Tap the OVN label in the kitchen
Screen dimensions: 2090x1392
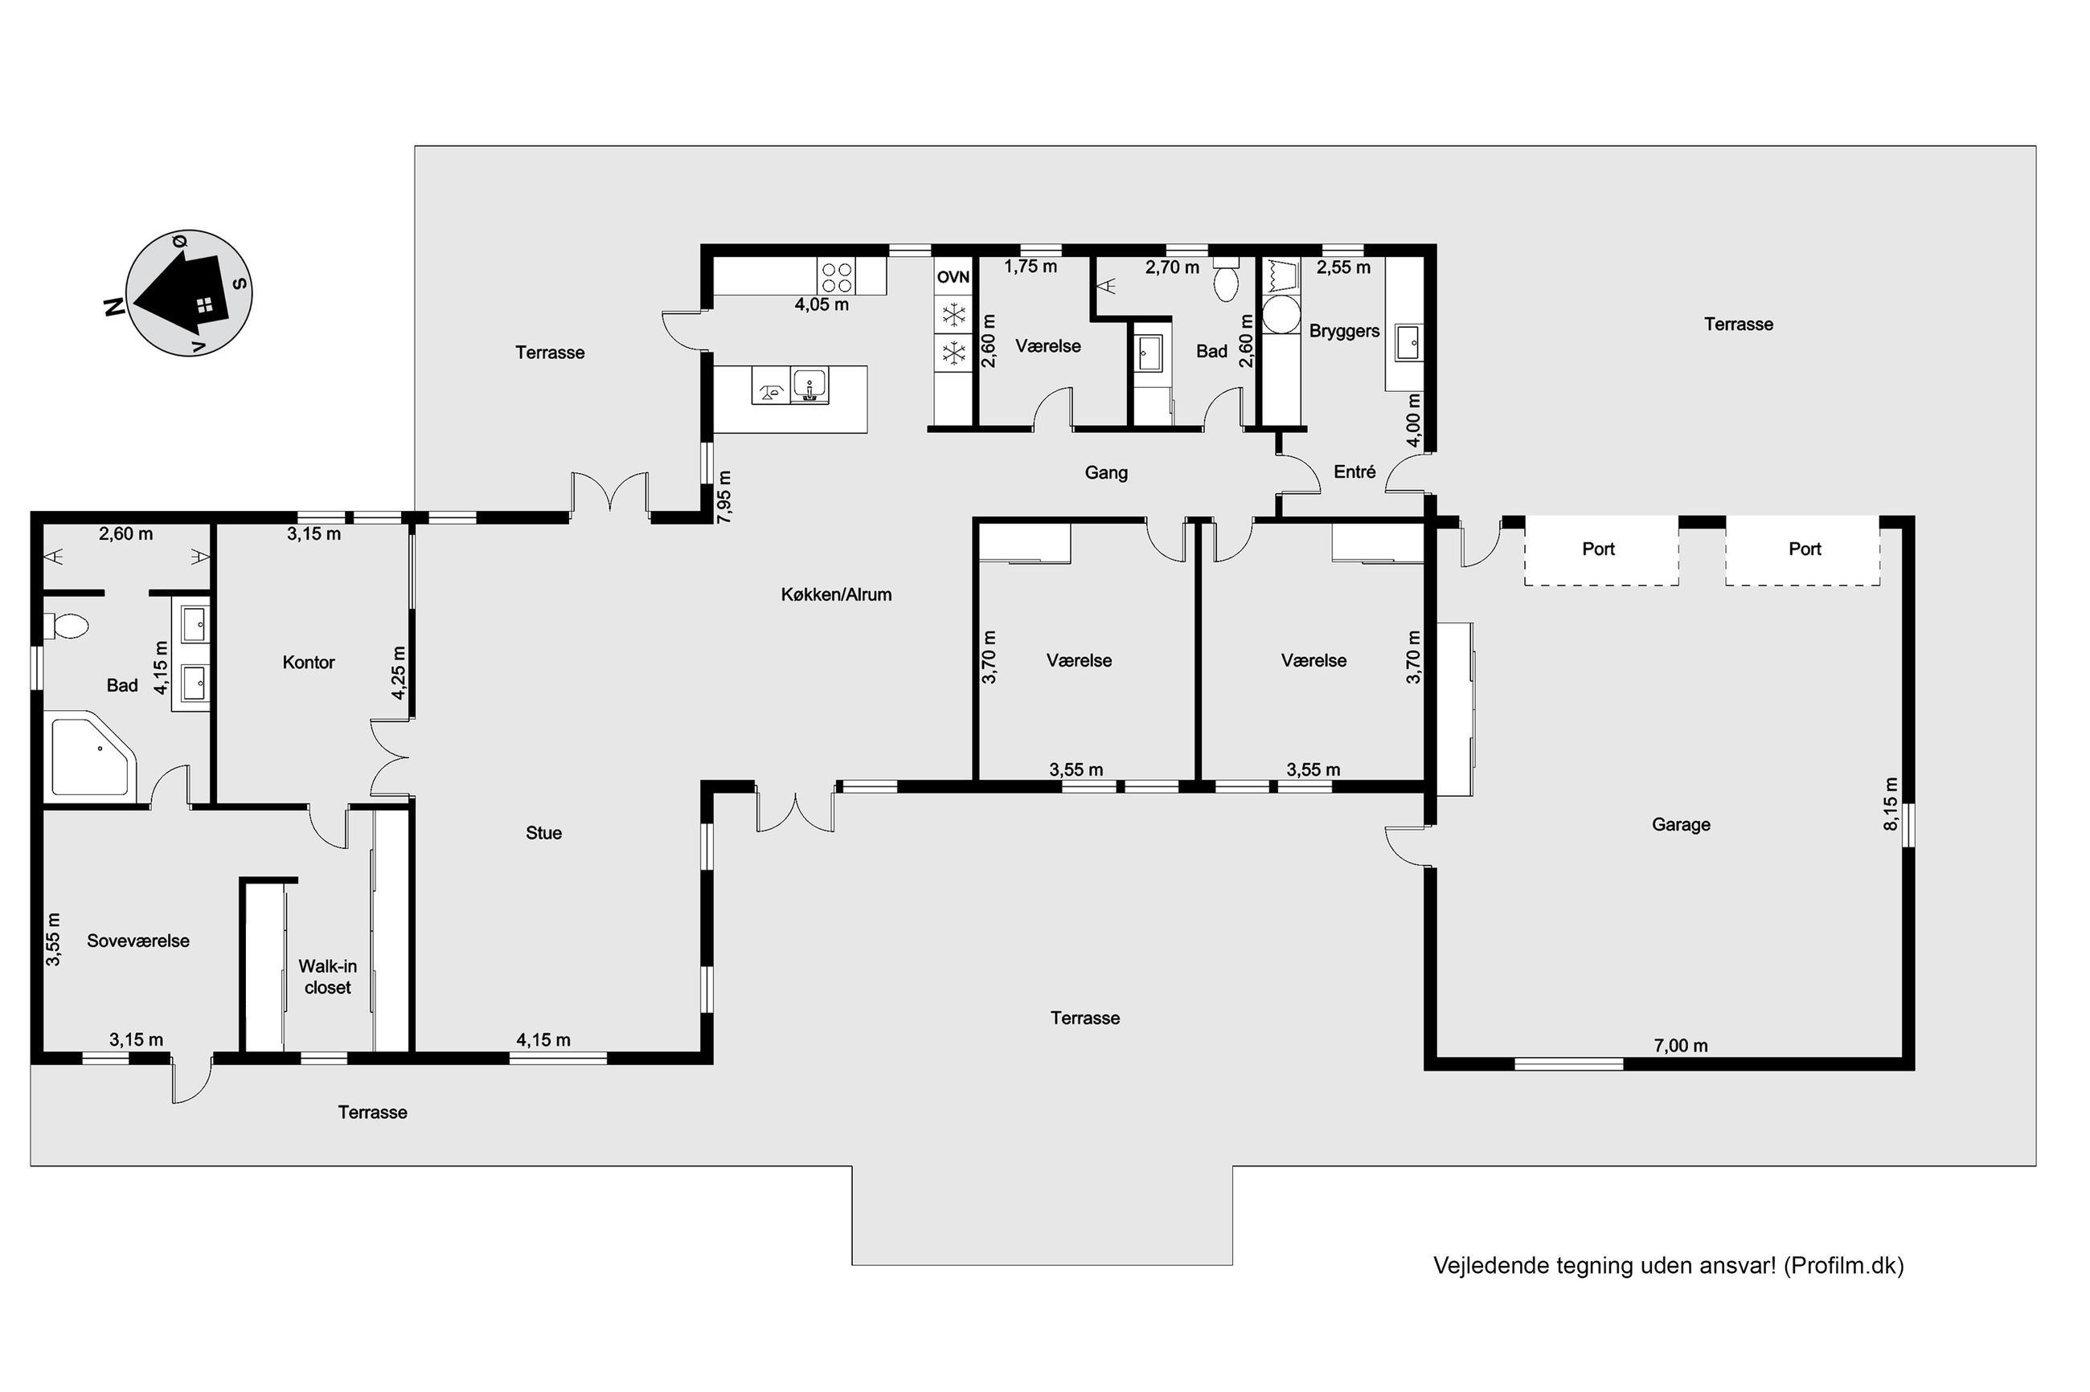pos(953,277)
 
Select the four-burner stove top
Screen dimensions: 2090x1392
pos(837,276)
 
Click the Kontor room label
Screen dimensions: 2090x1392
pos(308,663)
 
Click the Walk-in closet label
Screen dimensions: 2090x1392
pos(328,977)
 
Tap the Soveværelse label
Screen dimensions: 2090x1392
pos(137,941)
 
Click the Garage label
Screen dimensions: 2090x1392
pos(1681,825)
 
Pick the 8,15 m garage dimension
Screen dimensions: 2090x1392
pos(1890,804)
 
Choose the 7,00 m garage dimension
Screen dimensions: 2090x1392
pos(1681,1046)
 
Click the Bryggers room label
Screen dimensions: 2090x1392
pos(1344,331)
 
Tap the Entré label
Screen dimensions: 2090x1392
pos(1354,472)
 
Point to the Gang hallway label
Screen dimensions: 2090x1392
pos(1106,473)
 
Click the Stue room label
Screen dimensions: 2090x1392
pos(543,833)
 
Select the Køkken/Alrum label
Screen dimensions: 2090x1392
pos(836,595)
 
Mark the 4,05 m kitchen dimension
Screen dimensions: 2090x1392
pos(822,304)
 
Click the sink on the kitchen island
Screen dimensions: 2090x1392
pos(809,386)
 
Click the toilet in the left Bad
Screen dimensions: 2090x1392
pos(68,627)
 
